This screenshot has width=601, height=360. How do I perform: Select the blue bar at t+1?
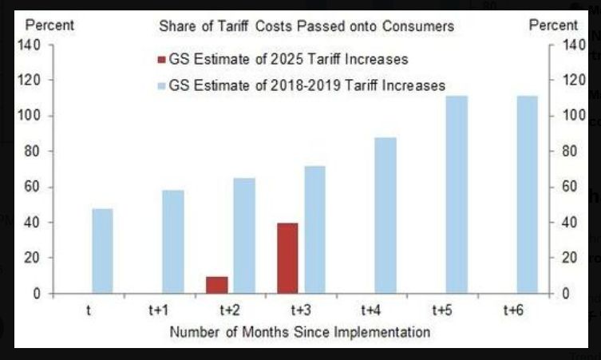tap(173, 242)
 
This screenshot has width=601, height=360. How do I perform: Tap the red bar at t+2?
tap(216, 285)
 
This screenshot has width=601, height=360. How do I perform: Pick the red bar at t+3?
tap(287, 258)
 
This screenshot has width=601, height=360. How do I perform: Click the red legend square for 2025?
tap(162, 58)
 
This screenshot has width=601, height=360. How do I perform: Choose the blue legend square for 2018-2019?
tap(162, 85)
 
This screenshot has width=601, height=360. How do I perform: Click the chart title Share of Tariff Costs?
tap(306, 26)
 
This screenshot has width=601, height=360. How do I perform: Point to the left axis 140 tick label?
tap(30, 45)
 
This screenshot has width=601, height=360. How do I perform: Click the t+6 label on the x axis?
tap(513, 310)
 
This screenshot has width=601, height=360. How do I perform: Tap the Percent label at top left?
tap(49, 25)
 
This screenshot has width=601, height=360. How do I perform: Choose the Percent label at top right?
tap(554, 25)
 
